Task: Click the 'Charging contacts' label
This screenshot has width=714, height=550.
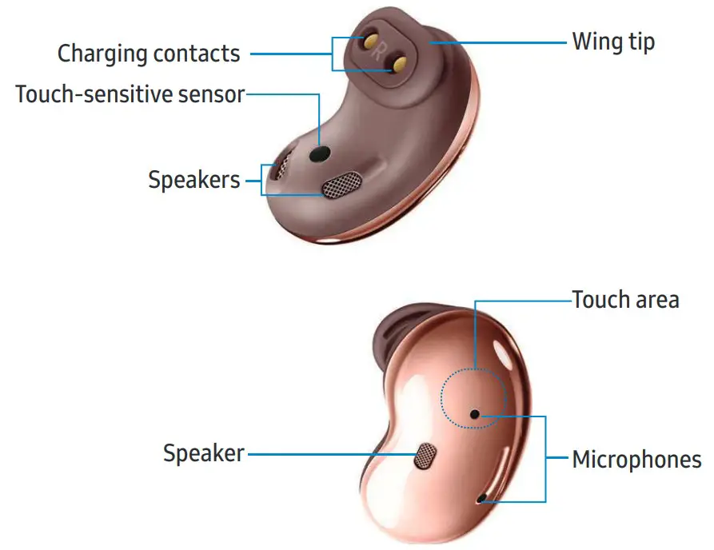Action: pyautogui.click(x=149, y=54)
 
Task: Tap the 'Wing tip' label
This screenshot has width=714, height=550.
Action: pyautogui.click(x=613, y=41)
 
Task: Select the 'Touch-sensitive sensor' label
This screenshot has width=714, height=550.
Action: pyautogui.click(x=130, y=94)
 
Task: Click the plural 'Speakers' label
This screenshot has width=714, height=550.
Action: pyautogui.click(x=194, y=179)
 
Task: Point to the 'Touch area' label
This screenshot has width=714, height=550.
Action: pyautogui.click(x=625, y=300)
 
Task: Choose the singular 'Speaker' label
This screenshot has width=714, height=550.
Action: pyautogui.click(x=204, y=453)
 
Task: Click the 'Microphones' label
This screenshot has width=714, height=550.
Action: pyautogui.click(x=637, y=460)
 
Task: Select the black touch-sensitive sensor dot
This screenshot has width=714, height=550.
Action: pyautogui.click(x=321, y=151)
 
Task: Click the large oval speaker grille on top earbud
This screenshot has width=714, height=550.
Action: pyautogui.click(x=343, y=184)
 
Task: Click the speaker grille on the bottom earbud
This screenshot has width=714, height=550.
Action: pyautogui.click(x=425, y=456)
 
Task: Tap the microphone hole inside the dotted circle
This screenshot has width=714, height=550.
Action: pyautogui.click(x=475, y=414)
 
